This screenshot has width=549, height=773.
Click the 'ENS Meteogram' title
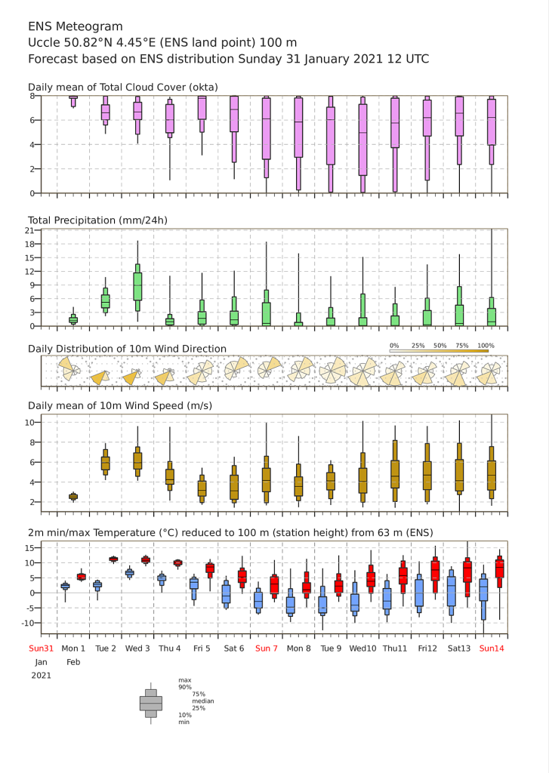[75, 26]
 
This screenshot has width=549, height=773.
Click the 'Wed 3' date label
[137, 648]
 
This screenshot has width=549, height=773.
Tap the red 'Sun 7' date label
[267, 648]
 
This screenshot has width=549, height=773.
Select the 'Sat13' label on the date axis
[458, 648]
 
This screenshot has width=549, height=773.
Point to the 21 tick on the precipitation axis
[29, 231]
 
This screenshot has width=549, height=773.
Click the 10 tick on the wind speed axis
[29, 423]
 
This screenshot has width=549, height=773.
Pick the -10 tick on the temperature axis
[27, 623]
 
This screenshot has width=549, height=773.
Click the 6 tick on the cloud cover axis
[32, 120]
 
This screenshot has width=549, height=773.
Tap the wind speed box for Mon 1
[73, 497]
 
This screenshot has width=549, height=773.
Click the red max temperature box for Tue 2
[113, 559]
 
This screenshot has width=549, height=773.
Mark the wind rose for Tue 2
[101, 377]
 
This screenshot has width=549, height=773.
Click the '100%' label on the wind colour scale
[486, 346]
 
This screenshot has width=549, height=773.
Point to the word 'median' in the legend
[202, 701]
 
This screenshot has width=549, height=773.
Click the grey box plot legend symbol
[151, 704]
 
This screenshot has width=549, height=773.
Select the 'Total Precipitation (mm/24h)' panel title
[97, 220]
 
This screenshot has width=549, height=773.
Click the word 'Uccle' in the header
[43, 43]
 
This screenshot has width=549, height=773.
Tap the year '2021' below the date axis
[41, 676]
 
